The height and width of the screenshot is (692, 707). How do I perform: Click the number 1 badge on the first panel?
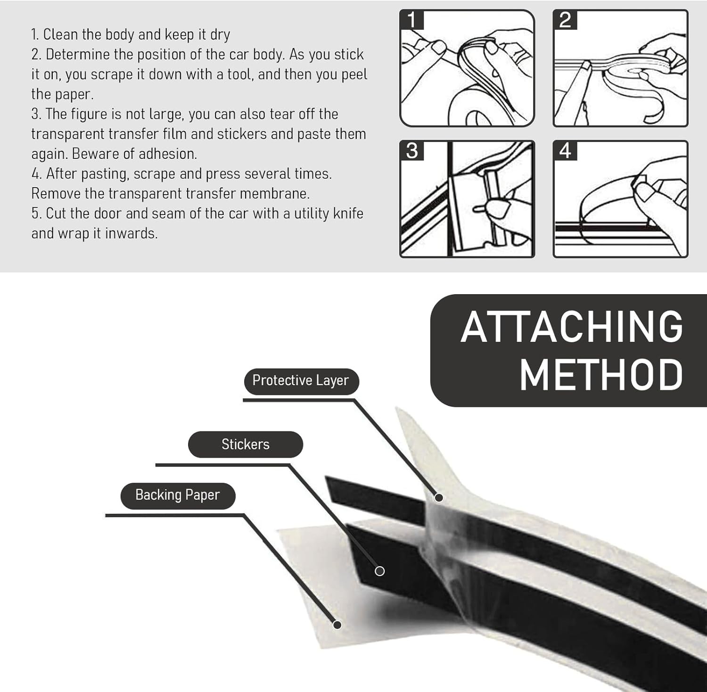[412, 20]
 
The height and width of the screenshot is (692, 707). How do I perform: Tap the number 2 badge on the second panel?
[565, 20]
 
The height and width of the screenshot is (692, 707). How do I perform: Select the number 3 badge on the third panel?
[412, 151]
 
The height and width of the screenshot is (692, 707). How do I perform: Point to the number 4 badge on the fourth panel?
[565, 151]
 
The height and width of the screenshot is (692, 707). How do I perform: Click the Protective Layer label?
[301, 380]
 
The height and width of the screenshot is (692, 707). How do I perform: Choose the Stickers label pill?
[245, 444]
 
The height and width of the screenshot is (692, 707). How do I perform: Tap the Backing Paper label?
[178, 495]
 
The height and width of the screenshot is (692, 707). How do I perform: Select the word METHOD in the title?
[601, 375]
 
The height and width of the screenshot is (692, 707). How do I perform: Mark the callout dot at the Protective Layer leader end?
[439, 497]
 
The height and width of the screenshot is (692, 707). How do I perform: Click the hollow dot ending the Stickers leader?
[379, 571]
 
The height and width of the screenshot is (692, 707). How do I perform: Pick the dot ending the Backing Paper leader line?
[337, 625]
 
